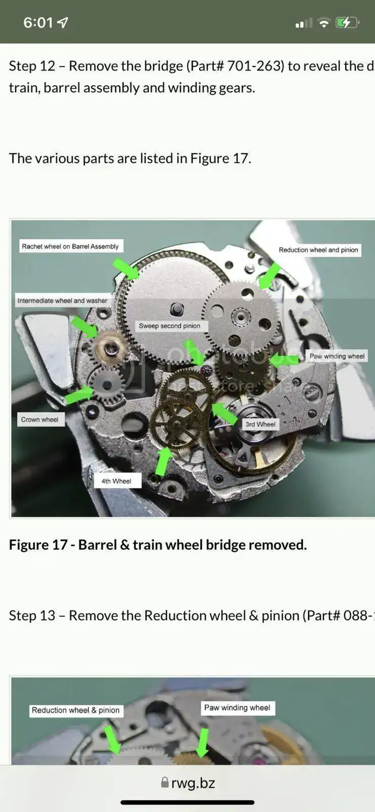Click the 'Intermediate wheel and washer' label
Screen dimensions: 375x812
tap(63, 300)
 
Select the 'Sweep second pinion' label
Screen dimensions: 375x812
tap(169, 326)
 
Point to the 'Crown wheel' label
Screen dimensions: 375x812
tap(40, 419)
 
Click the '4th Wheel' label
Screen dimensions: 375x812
tap(117, 481)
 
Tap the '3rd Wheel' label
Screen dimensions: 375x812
tap(260, 424)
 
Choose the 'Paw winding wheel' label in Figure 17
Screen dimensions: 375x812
tap(337, 356)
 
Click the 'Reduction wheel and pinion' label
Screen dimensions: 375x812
tap(319, 250)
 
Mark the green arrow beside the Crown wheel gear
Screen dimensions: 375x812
tap(79, 394)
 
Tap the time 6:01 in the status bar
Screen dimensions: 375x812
tap(38, 22)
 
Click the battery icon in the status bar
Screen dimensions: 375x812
tap(347, 23)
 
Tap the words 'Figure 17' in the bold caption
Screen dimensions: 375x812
tap(38, 545)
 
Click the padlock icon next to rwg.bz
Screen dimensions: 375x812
tap(165, 782)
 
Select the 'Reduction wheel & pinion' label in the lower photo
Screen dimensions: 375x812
tap(76, 710)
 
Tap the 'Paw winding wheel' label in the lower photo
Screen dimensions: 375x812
tap(238, 707)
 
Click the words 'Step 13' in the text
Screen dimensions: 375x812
tap(32, 616)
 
